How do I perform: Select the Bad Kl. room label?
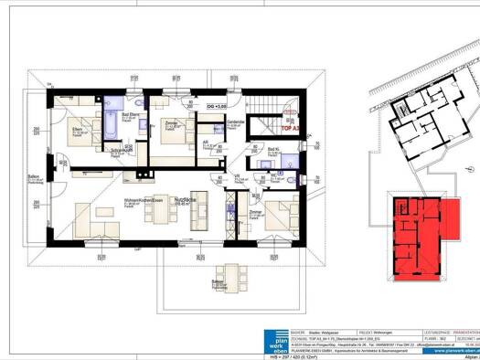pos(273,149)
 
